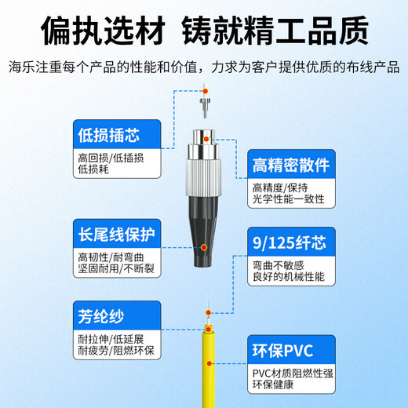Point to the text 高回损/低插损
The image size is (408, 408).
pos(110,156)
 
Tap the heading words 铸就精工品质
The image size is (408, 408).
pos(276,31)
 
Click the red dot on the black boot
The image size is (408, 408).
pos(204,247)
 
